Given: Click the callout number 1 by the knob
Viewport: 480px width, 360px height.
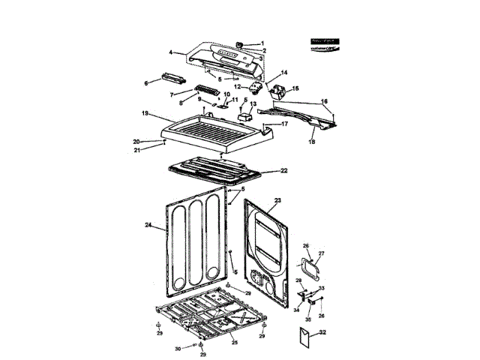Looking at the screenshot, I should pyautogui.click(x=262, y=43).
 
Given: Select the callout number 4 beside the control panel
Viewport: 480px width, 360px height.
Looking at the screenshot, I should pyautogui.click(x=171, y=52).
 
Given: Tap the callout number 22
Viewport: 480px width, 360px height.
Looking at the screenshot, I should pyautogui.click(x=284, y=170).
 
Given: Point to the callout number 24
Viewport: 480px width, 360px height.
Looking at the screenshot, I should pyautogui.click(x=148, y=224).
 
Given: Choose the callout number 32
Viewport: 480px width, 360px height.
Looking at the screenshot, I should pyautogui.click(x=322, y=331).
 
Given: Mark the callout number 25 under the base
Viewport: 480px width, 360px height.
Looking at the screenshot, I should pyautogui.click(x=234, y=342).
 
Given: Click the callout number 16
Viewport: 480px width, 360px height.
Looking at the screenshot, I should pyautogui.click(x=324, y=100).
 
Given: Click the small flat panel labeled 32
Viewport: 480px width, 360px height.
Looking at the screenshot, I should pyautogui.click(x=303, y=339).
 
